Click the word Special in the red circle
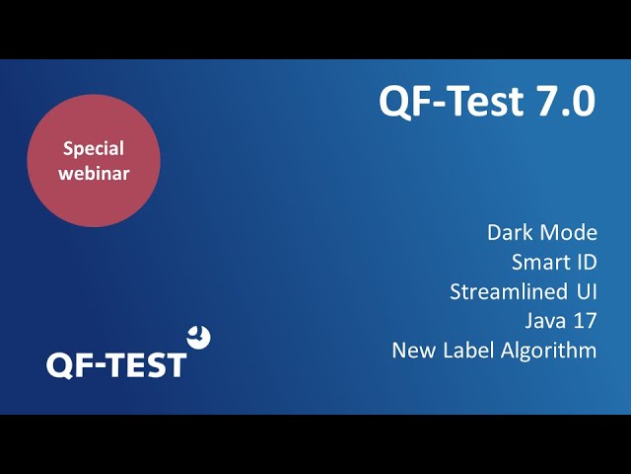tap(94, 149)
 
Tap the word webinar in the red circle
tap(94, 174)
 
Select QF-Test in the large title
tap(452, 102)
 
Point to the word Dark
tap(510, 233)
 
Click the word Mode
tap(569, 233)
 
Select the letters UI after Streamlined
tap(587, 291)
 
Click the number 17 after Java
tap(585, 321)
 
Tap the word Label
tap(468, 350)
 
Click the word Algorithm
tap(549, 351)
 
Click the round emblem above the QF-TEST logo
tap(199, 337)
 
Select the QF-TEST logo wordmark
tap(116, 365)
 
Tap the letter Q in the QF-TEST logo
tap(59, 366)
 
